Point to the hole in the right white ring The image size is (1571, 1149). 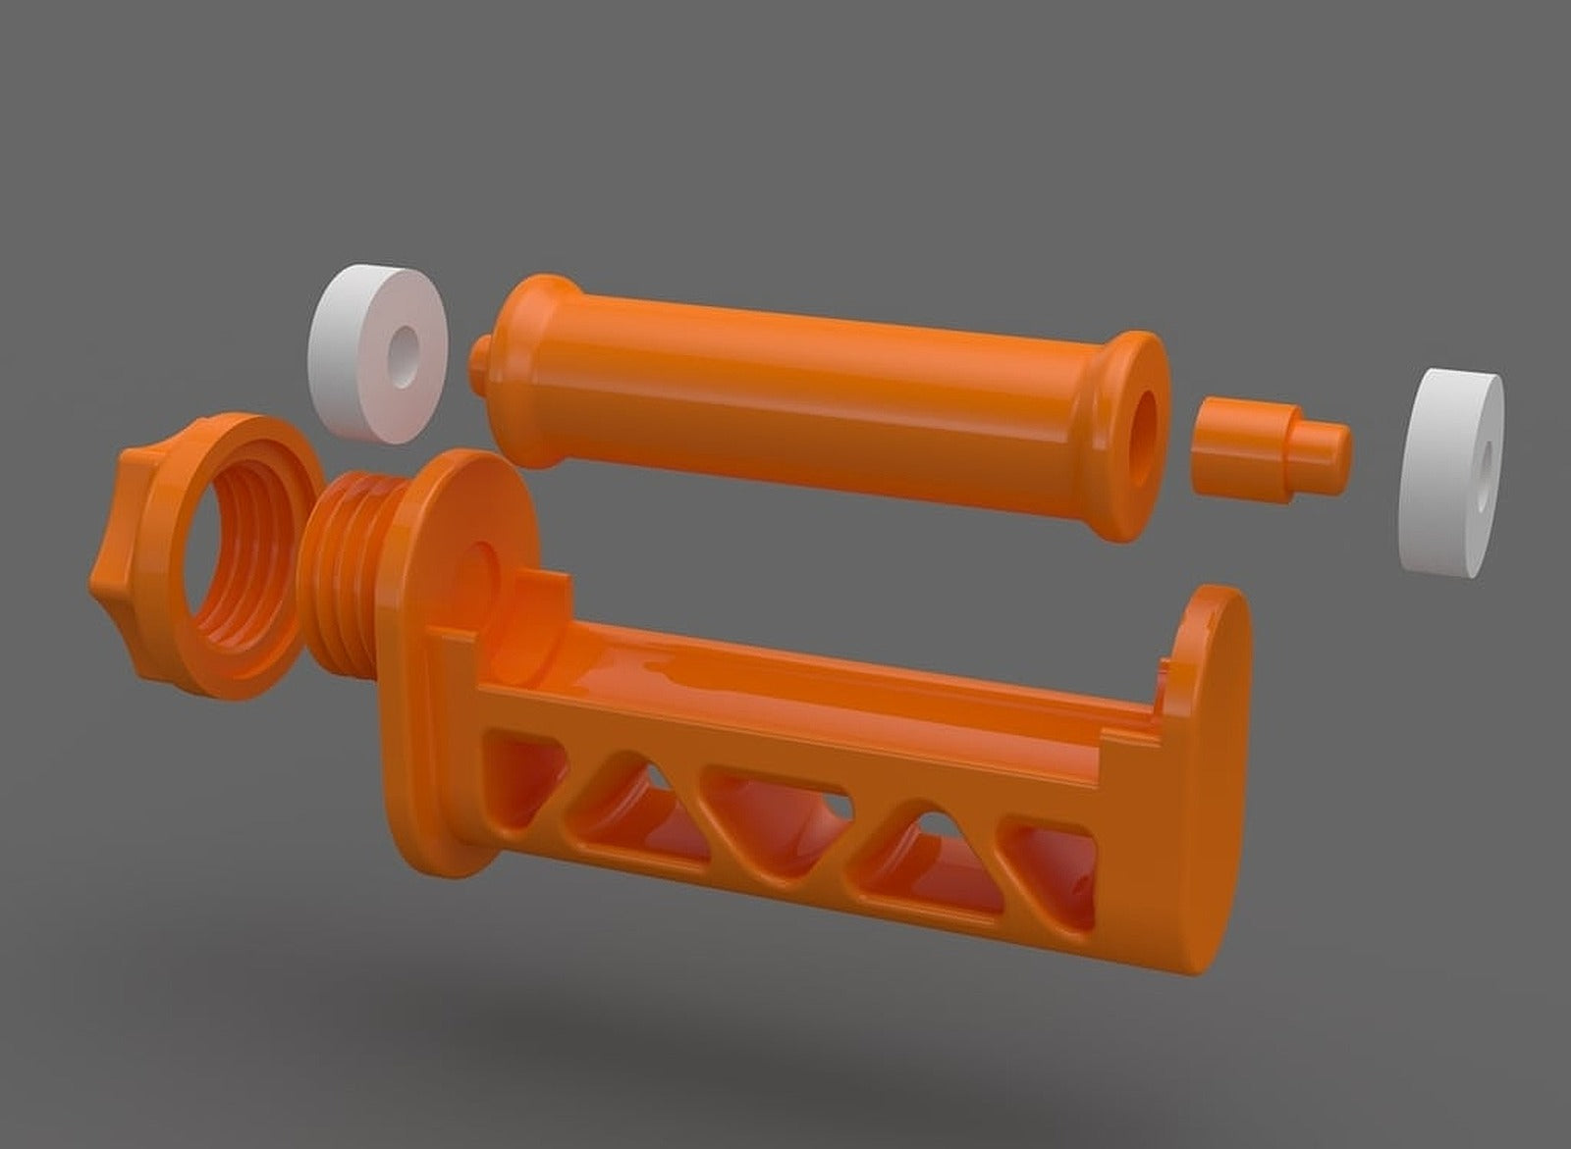tap(1483, 460)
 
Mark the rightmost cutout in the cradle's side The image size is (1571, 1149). tap(1056, 878)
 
